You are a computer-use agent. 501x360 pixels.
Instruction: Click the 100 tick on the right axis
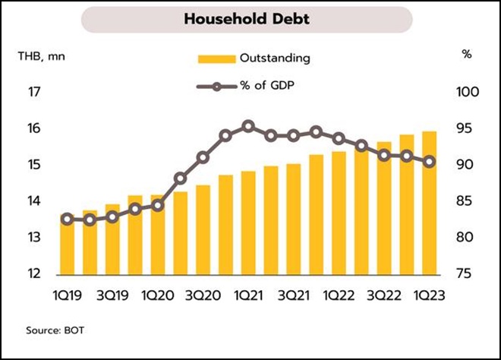click(x=466, y=93)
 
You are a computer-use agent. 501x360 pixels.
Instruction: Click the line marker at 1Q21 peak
click(x=248, y=126)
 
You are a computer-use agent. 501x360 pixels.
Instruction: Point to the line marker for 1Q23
click(x=430, y=161)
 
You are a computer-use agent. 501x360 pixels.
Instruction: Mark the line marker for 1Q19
click(x=68, y=219)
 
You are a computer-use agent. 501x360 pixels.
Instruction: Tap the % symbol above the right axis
click(x=466, y=55)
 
